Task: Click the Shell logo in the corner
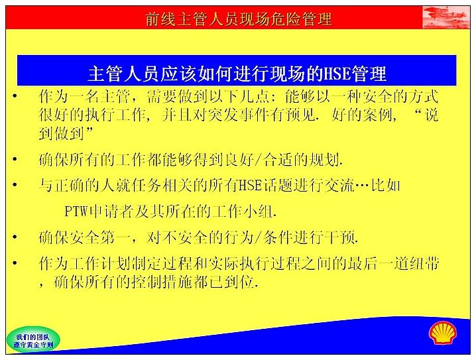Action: (443, 333)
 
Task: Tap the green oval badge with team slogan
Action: (33, 340)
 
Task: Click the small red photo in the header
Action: (446, 17)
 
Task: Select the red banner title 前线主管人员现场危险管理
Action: (239, 19)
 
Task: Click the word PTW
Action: (76, 211)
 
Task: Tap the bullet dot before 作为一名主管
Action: (15, 97)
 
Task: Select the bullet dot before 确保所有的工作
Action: (15, 158)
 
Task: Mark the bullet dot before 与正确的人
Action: (15, 185)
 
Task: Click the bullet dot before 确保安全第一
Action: (15, 237)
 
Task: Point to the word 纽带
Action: (424, 263)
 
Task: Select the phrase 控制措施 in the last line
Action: (161, 282)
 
